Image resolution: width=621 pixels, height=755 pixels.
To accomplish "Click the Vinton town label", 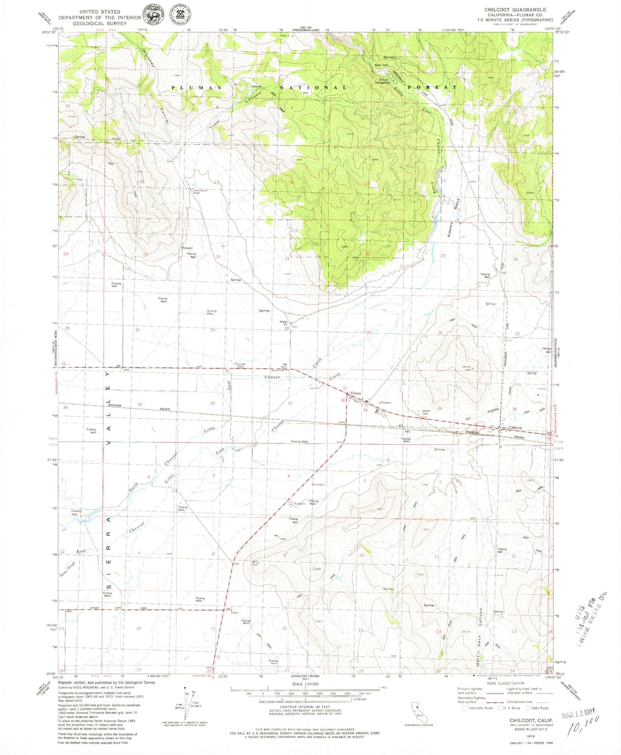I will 356,393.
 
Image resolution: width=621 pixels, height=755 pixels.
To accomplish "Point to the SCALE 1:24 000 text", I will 305,684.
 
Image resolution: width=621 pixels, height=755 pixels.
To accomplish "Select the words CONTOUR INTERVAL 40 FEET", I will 304,706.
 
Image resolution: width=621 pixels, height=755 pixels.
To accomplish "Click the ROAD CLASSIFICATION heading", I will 506,683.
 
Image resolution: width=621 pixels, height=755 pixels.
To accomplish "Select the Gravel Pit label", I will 284,322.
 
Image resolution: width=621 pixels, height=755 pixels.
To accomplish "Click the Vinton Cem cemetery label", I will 426,412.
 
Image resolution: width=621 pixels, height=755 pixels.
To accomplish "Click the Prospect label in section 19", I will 187,248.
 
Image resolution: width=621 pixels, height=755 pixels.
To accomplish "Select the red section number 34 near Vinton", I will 365,410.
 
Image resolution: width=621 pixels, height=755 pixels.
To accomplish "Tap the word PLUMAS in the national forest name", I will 197,88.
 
